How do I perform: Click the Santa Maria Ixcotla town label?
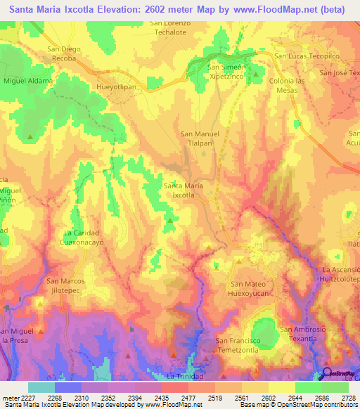184,190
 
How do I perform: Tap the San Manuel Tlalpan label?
201,138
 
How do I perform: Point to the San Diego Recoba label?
62,53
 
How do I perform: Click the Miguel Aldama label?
28,82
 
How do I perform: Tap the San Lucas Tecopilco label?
302,56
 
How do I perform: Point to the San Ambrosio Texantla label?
303,334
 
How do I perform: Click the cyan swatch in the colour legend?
41,387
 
